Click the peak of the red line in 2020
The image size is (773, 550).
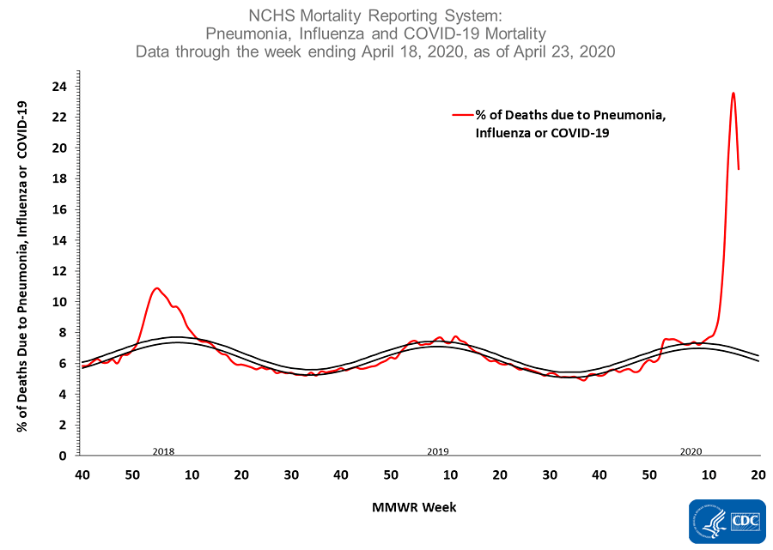(733, 94)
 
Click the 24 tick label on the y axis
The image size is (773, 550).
(61, 86)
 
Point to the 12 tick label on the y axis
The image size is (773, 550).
(61, 271)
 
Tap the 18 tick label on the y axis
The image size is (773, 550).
(61, 178)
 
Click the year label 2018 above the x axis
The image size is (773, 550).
(164, 451)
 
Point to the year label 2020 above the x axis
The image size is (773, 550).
(691, 451)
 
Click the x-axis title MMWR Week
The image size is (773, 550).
(414, 507)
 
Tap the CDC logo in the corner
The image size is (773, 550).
(727, 522)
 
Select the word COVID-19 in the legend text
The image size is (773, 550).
(581, 133)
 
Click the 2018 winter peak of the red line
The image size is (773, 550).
(156, 288)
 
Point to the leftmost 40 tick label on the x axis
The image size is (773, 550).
(82, 474)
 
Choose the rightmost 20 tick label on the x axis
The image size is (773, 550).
(758, 474)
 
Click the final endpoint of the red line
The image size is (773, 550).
(739, 168)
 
